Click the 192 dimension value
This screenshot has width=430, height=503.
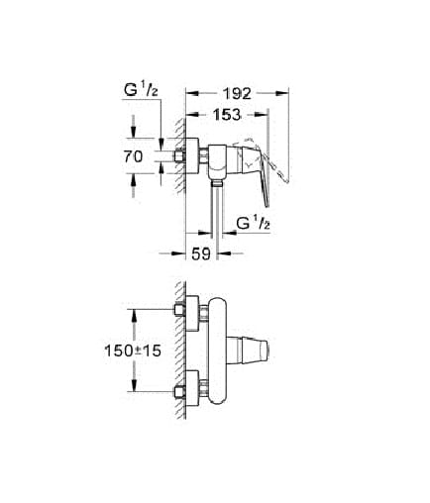237,93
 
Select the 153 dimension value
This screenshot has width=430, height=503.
227,115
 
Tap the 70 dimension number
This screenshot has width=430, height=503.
134,156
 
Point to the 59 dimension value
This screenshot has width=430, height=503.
201,253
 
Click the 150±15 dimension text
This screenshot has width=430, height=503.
133,351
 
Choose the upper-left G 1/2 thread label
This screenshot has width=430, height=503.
141,90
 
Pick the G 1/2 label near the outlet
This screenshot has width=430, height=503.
254,224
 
